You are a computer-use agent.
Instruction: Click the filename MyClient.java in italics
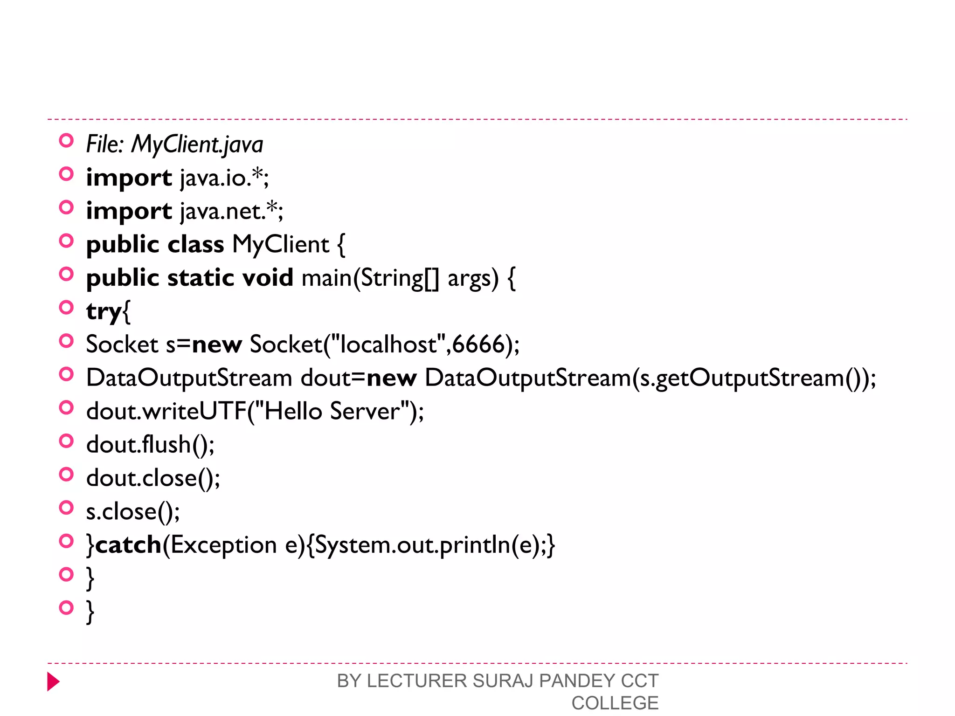click(x=197, y=144)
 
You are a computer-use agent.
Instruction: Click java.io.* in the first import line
click(x=224, y=178)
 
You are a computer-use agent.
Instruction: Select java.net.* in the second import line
click(x=231, y=211)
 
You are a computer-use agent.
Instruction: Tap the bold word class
click(x=196, y=245)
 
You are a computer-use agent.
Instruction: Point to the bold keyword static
click(x=201, y=278)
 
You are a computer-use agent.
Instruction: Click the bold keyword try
click(x=104, y=311)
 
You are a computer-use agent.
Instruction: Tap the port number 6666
click(x=478, y=344)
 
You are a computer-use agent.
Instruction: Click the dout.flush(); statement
click(x=150, y=445)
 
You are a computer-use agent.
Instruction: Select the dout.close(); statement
click(x=153, y=478)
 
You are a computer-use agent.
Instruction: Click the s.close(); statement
click(x=133, y=511)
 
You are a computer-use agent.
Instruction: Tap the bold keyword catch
click(x=128, y=545)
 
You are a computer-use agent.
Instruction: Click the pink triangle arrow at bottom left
click(x=53, y=682)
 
